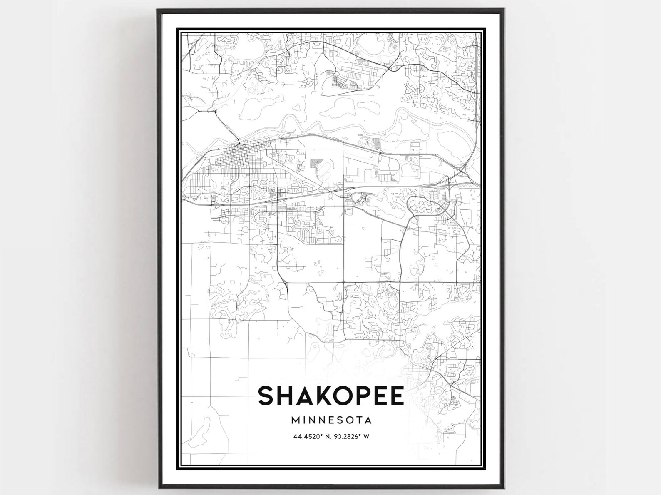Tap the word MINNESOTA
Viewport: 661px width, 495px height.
pos(331,420)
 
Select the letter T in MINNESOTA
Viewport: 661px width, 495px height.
pos(358,420)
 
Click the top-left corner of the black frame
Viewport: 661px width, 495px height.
pos(158,9)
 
